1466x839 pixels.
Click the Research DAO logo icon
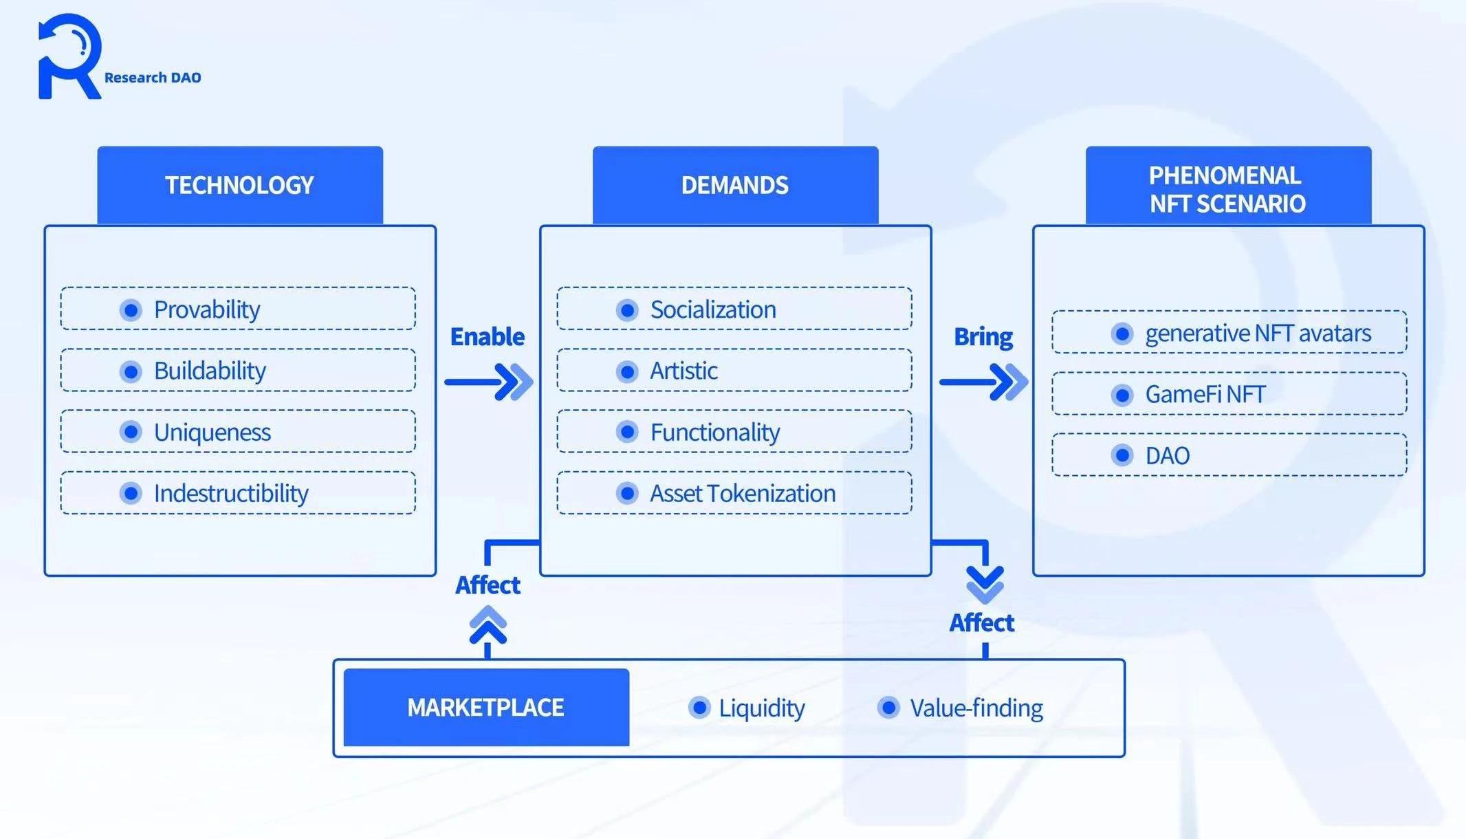pyautogui.click(x=69, y=56)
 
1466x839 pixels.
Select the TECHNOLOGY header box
pyautogui.click(x=239, y=185)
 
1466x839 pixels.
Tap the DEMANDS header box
pyautogui.click(x=735, y=185)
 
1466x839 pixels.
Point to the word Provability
pyautogui.click(x=207, y=309)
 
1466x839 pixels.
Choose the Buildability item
pyautogui.click(x=210, y=371)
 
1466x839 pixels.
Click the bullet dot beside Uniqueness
pyautogui.click(x=131, y=432)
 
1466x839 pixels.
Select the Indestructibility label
pyautogui.click(x=231, y=493)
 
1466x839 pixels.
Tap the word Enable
pyautogui.click(x=488, y=336)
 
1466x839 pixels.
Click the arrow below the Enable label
pyautogui.click(x=489, y=382)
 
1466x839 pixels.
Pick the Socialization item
pyautogui.click(x=713, y=309)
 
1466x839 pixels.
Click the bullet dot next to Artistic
pyautogui.click(x=627, y=371)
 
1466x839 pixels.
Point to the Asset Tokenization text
pyautogui.click(x=743, y=493)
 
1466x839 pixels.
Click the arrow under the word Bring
pyautogui.click(x=984, y=382)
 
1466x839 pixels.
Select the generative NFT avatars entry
pyautogui.click(x=1258, y=333)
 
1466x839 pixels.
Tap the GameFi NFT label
pyautogui.click(x=1205, y=394)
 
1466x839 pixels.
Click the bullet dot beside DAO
pyautogui.click(x=1122, y=455)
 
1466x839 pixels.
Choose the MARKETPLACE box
pyautogui.click(x=486, y=707)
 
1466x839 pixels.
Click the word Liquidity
pyautogui.click(x=762, y=708)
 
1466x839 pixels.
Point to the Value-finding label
pyautogui.click(x=976, y=708)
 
